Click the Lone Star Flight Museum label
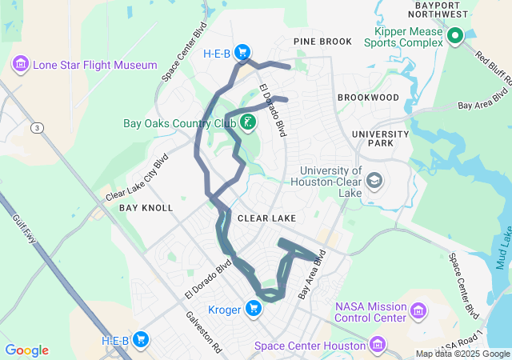coord(94,65)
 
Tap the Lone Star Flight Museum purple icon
coord(21,64)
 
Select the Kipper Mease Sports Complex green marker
coord(455,35)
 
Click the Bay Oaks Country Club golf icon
coord(248,123)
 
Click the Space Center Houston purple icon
coord(378,346)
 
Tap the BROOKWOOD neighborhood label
coord(367,97)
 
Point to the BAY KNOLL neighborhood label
coord(146,208)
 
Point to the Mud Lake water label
coord(504,248)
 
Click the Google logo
coord(26,350)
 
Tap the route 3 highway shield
coord(38,127)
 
